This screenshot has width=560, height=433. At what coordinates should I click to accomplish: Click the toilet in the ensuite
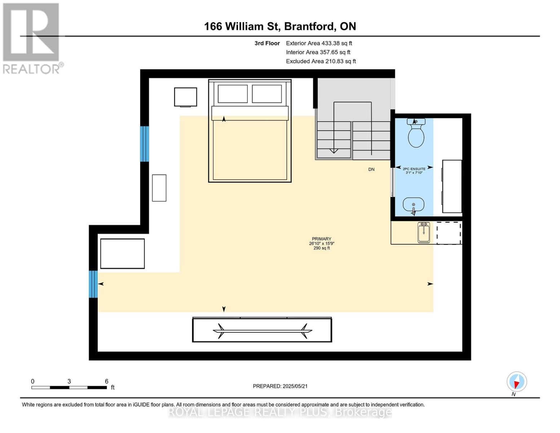pyautogui.click(x=416, y=133)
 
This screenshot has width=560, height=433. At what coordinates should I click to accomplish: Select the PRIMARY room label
pyautogui.click(x=321, y=239)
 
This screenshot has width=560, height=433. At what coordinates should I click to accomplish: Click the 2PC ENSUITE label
pyautogui.click(x=414, y=169)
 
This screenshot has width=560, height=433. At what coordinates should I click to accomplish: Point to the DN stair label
pyautogui.click(x=371, y=170)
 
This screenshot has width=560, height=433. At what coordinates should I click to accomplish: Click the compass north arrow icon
pyautogui.click(x=517, y=382)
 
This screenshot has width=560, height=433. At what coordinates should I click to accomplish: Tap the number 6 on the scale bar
pyautogui.click(x=106, y=381)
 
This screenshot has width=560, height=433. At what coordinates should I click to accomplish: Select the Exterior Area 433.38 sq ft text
pyautogui.click(x=319, y=43)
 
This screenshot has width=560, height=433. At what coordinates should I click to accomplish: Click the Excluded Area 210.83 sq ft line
pyautogui.click(x=321, y=61)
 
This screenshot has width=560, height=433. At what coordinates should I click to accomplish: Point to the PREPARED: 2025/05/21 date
pyautogui.click(x=280, y=386)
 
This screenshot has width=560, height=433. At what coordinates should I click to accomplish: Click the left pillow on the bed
pyautogui.click(x=233, y=94)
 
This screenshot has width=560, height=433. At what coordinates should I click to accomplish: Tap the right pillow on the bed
pyautogui.click(x=267, y=94)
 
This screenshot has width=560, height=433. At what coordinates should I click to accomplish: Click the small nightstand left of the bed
pyautogui.click(x=186, y=97)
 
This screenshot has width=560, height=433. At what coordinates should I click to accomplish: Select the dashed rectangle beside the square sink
pyautogui.click(x=449, y=233)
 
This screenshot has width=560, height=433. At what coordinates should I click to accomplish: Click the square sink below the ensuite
pyautogui.click(x=424, y=233)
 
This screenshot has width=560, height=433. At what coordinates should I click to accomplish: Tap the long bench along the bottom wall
pyautogui.click(x=262, y=330)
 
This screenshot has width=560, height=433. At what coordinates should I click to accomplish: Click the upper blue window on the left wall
pyautogui.click(x=145, y=144)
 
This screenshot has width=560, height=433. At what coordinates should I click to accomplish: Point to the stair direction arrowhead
pyautogui.click(x=334, y=151)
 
